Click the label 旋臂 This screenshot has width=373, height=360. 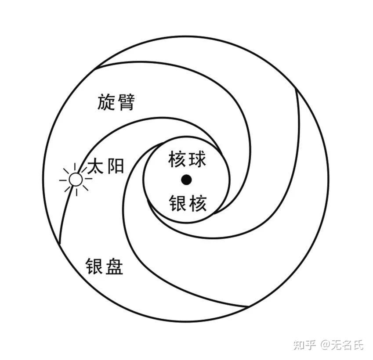(116, 103)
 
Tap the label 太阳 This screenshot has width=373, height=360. (106, 167)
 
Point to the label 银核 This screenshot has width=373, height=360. (187, 204)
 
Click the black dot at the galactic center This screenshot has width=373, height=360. (187, 180)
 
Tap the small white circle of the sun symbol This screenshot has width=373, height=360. (76, 180)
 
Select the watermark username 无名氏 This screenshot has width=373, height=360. (348, 345)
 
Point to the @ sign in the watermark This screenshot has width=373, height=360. (325, 345)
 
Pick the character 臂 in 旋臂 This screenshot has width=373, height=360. (125, 103)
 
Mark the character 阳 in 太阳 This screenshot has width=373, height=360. (116, 167)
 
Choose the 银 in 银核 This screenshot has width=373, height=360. (177, 204)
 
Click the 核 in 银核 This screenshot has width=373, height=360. (197, 204)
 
